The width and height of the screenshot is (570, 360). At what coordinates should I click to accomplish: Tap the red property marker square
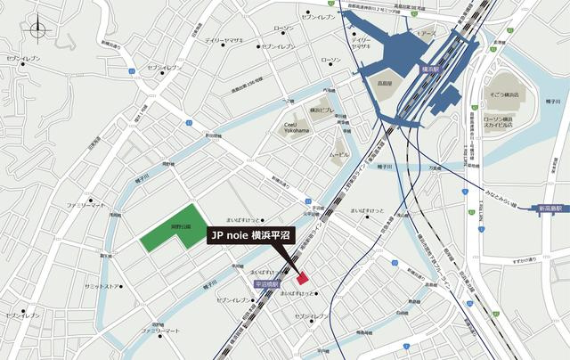tap(301, 277)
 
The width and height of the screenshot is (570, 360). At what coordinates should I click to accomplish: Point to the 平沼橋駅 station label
tap(265, 283)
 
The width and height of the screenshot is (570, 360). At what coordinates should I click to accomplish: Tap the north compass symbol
tap(38, 30)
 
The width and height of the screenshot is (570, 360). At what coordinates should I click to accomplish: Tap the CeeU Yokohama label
tap(297, 128)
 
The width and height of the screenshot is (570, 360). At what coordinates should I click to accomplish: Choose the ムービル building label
tap(339, 154)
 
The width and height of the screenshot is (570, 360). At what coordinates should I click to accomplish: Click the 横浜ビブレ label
tap(322, 110)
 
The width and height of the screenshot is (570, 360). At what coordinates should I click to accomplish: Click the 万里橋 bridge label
tap(435, 167)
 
